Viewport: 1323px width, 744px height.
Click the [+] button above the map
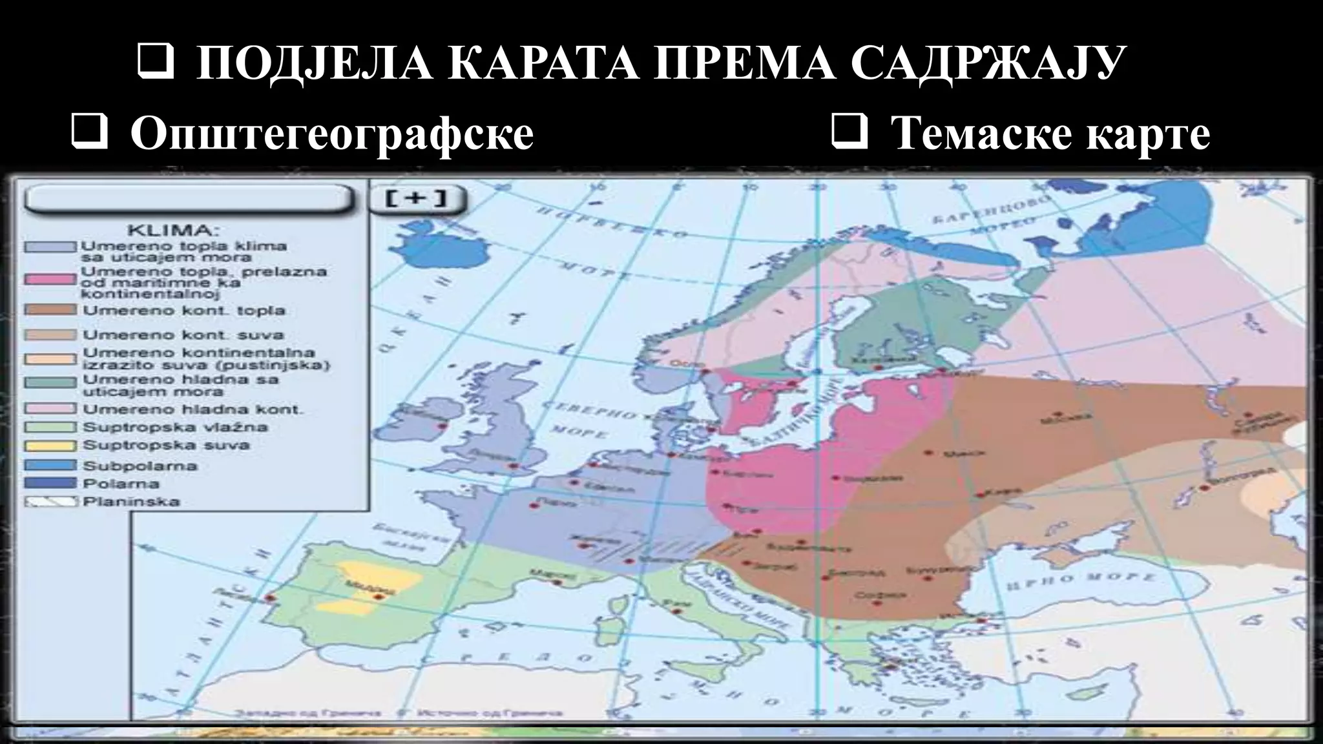pos(417,198)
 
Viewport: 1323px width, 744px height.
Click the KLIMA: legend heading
pos(174,231)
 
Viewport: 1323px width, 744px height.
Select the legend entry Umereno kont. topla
pos(184,311)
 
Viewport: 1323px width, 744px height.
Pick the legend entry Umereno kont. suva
pos(183,335)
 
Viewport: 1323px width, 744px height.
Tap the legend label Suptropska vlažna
pos(175,428)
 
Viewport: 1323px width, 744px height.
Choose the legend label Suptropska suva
pos(166,446)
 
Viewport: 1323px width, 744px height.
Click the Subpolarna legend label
pos(140,466)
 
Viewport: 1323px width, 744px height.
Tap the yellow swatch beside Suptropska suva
pos(50,446)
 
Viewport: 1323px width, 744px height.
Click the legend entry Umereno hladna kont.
pos(193,409)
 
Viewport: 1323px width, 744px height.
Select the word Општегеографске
pos(332,134)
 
